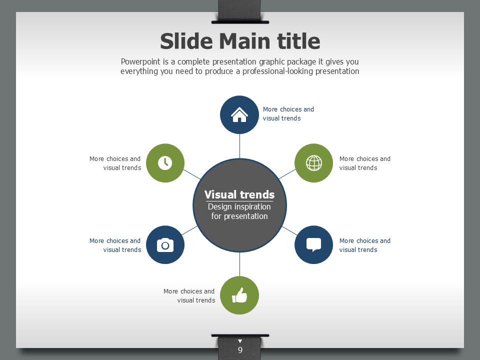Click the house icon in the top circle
[239, 115]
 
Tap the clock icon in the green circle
[165, 163]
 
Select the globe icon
[314, 163]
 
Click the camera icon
[165, 245]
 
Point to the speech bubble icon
[314, 244]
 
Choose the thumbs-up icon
[239, 295]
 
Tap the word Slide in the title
[186, 41]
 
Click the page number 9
[240, 350]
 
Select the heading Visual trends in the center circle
[239, 194]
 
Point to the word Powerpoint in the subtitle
[140, 61]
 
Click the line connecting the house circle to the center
[239, 146]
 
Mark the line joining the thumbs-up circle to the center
[239, 264]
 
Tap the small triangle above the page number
[240, 341]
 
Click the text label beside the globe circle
[365, 163]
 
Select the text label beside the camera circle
[115, 245]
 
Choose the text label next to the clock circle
[115, 163]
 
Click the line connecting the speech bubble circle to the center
[289, 231]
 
